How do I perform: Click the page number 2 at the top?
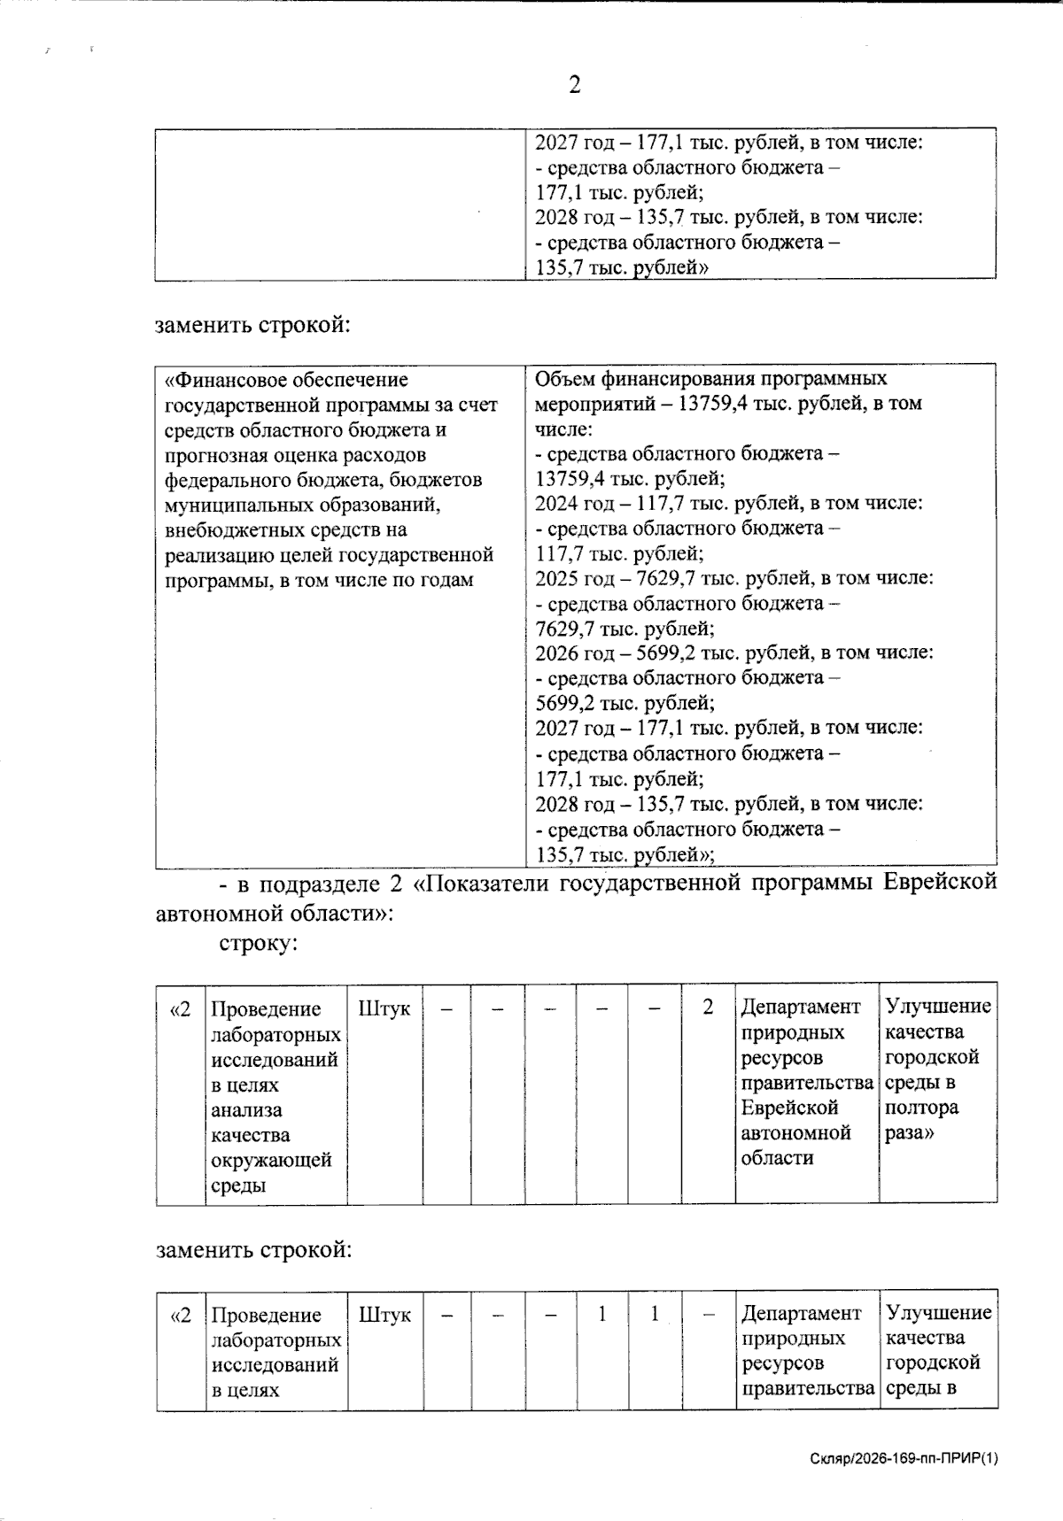[x=574, y=85]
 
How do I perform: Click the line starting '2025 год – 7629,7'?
[x=733, y=578]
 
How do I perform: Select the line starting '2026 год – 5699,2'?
[x=733, y=652]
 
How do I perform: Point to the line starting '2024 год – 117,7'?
[x=728, y=503]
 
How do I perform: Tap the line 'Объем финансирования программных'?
[x=710, y=379]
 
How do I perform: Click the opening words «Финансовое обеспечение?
[x=287, y=380]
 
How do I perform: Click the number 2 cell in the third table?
[x=707, y=1008]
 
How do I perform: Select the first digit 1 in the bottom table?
[x=602, y=1314]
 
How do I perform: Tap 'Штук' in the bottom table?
[x=384, y=1315]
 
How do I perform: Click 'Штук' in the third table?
[x=384, y=1008]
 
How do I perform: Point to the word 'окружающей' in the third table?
[x=271, y=1160]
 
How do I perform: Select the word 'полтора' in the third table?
[x=921, y=1108]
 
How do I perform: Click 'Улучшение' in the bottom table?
[x=938, y=1313]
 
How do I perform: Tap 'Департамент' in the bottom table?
[x=801, y=1313]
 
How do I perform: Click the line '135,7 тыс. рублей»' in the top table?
[x=622, y=268]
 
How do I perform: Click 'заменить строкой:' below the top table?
[x=253, y=325]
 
